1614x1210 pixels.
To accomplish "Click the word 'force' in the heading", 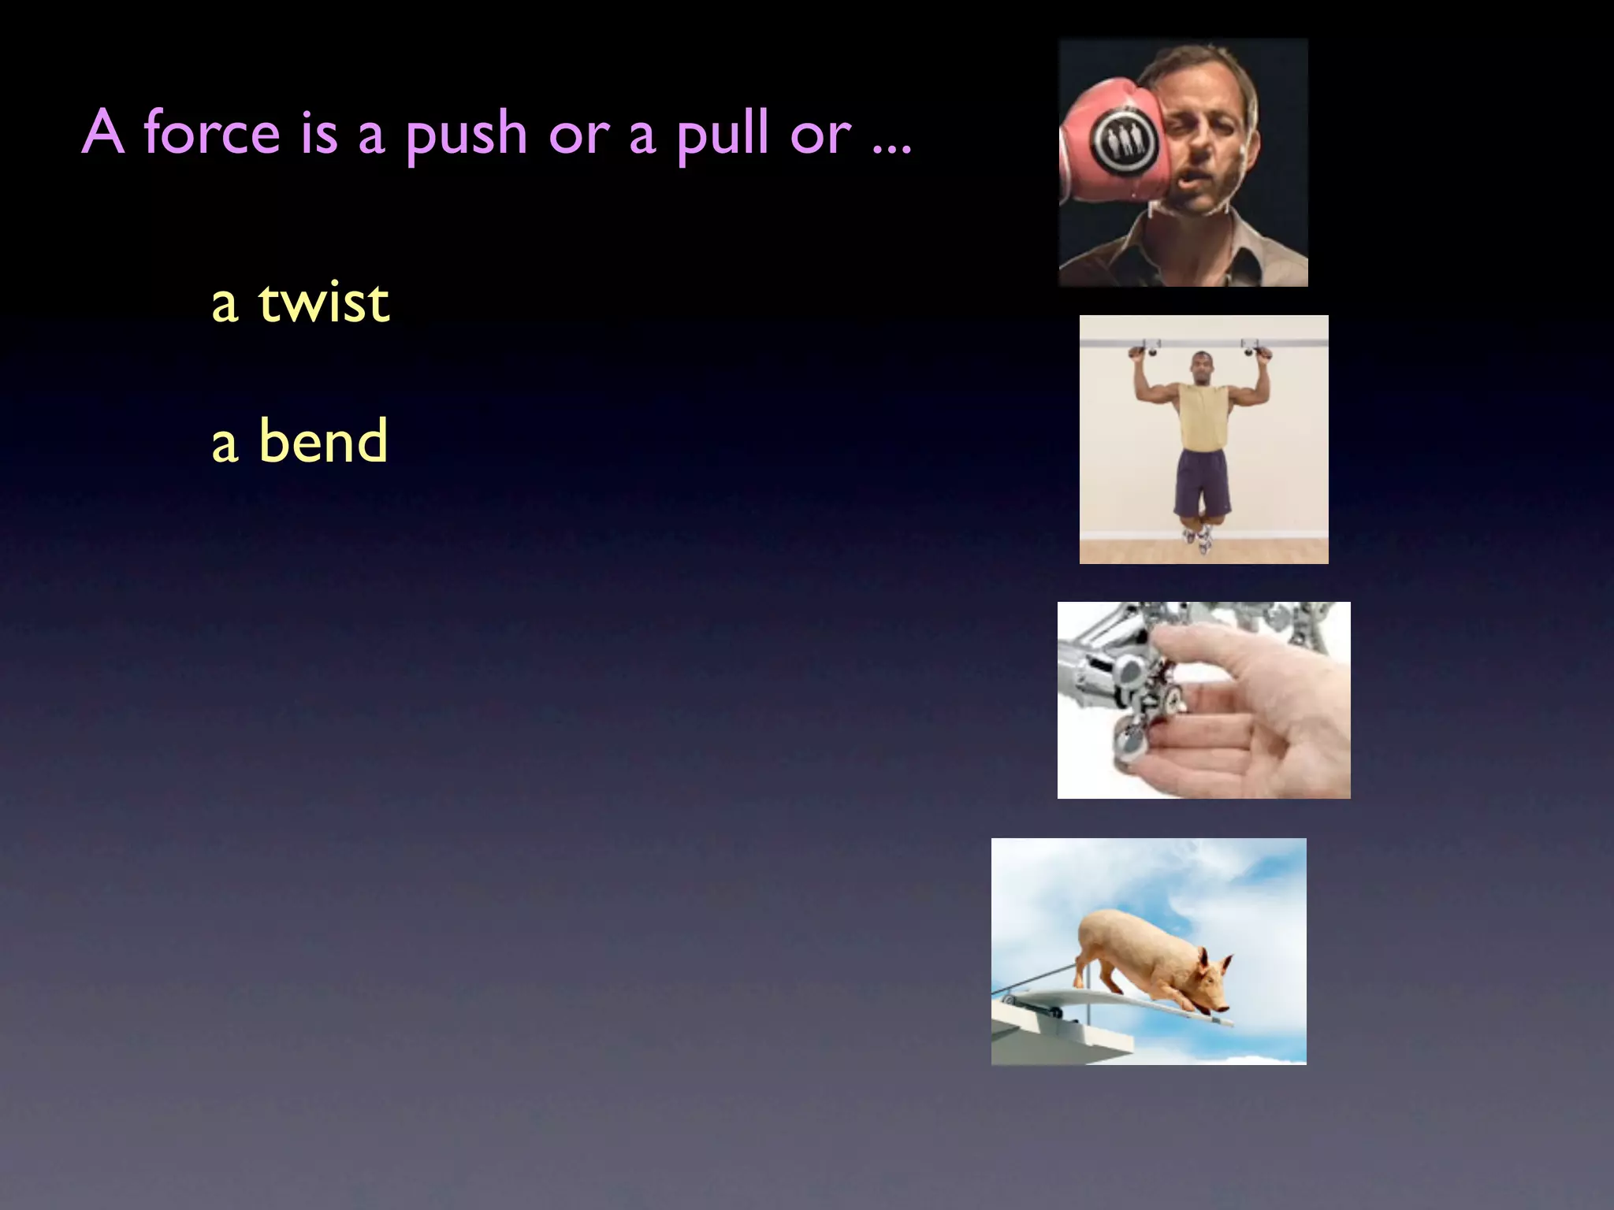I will click(211, 132).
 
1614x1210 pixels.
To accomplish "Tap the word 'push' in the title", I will click(467, 134).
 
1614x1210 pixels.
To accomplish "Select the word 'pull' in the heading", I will click(723, 134).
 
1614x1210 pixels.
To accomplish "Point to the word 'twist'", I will click(323, 302).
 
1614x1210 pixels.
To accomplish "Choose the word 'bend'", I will click(323, 441).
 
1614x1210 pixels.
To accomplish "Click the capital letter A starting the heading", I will click(103, 132).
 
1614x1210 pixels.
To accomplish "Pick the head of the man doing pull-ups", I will click(1200, 367).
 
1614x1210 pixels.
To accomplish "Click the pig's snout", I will click(1221, 1008).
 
